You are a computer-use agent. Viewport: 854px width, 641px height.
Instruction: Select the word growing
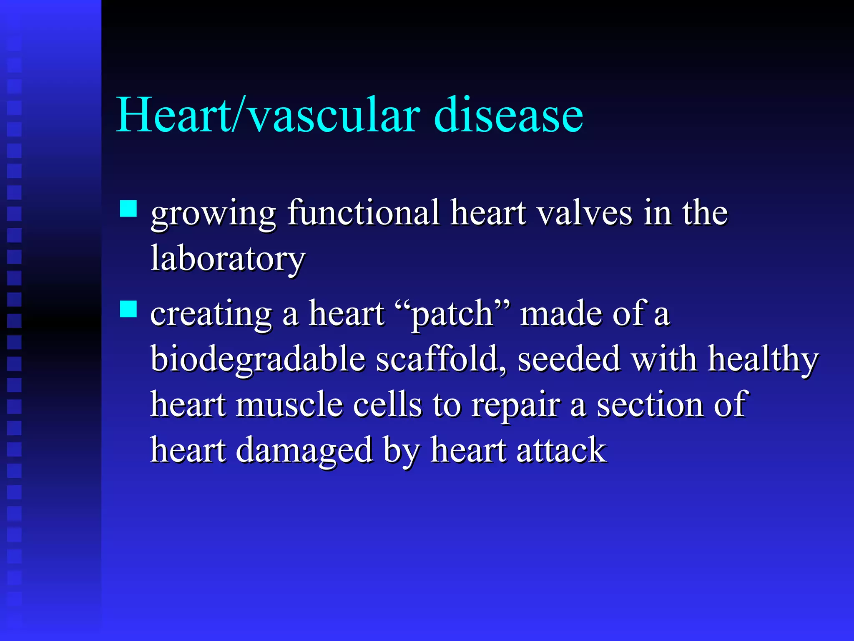213,214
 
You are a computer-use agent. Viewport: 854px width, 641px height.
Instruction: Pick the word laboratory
228,259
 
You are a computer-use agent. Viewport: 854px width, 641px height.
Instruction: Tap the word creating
211,314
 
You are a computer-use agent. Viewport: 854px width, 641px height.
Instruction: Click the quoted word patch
452,314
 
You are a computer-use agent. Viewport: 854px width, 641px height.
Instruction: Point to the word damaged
304,451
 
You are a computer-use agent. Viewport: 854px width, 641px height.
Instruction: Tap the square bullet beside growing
128,209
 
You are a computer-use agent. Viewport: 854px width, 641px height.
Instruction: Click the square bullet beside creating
128,309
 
